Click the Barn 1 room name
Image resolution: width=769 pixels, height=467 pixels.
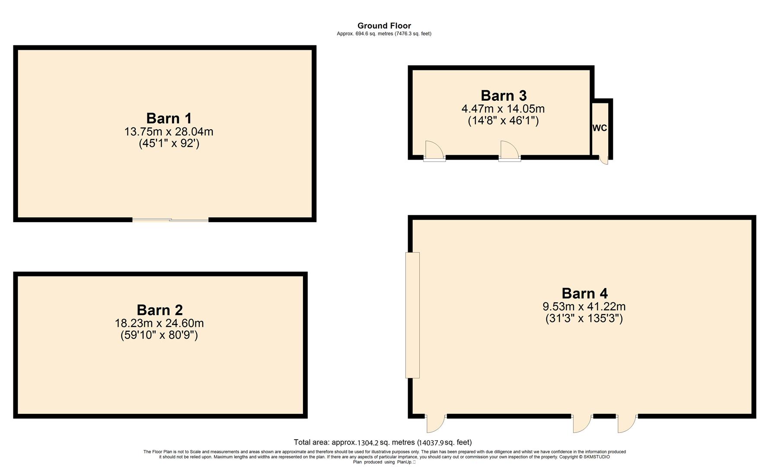point(169,118)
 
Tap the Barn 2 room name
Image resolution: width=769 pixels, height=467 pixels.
point(160,310)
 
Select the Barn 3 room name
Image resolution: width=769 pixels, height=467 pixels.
point(504,96)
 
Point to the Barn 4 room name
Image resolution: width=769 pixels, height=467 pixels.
point(584,294)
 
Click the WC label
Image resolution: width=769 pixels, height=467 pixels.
point(600,128)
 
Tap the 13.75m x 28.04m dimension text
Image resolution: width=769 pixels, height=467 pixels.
point(169,131)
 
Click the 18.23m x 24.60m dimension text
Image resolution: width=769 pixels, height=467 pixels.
point(159,323)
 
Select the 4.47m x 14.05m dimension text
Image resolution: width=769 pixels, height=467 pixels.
point(503,109)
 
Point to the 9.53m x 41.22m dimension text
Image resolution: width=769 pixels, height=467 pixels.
point(584,307)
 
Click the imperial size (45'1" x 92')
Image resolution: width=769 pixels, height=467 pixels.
point(169,143)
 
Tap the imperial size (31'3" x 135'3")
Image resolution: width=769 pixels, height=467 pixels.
point(584,319)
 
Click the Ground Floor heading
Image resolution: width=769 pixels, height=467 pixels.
point(384,26)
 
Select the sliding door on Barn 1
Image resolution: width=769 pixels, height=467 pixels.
point(170,220)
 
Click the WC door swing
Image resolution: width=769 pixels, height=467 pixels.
point(604,160)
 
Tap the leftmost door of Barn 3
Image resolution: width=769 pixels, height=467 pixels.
point(434,151)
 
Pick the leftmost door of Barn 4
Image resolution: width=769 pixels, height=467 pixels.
point(436,424)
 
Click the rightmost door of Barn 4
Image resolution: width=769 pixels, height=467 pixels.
point(627,424)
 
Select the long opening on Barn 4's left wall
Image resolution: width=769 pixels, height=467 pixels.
point(412,315)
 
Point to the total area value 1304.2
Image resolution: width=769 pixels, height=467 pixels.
point(367,443)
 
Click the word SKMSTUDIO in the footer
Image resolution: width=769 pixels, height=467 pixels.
point(597,457)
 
